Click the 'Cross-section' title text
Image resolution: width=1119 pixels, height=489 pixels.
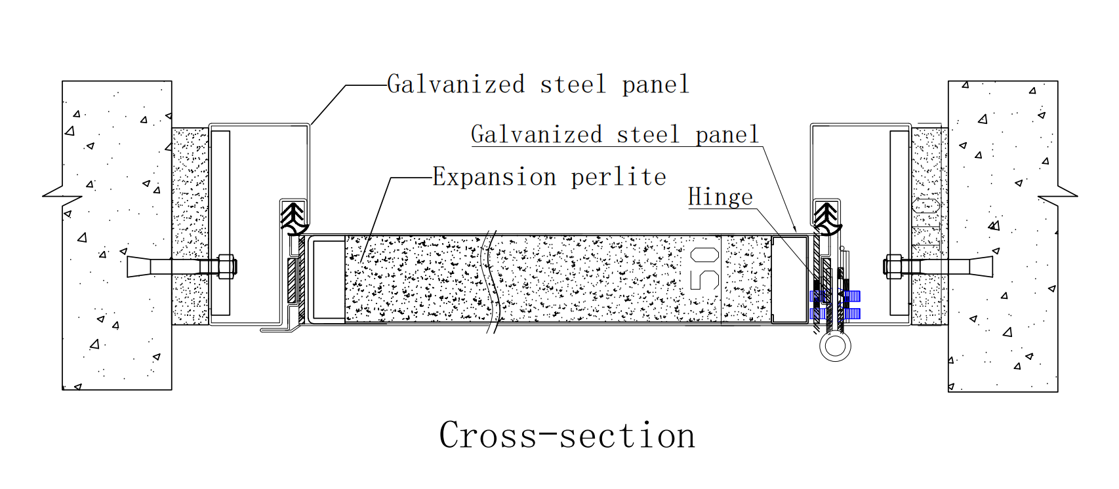coord(567,435)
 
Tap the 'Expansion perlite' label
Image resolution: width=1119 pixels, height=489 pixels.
coord(549,177)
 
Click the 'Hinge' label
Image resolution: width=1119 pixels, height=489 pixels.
coord(720,197)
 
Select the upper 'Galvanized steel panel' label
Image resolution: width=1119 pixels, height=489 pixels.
coord(538,84)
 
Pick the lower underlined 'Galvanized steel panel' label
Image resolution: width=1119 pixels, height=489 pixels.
coord(615,134)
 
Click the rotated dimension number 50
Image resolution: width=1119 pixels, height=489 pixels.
coord(704,269)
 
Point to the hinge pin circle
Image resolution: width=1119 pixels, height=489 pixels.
coord(835,347)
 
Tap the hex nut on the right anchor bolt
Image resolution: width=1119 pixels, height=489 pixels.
coord(893,266)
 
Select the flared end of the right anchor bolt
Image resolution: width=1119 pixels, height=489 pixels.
coord(981,266)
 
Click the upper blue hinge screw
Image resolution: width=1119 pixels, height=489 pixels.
coord(835,296)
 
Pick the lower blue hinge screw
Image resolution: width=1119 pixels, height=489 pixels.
coord(835,313)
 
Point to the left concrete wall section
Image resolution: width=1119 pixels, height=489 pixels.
coord(117,235)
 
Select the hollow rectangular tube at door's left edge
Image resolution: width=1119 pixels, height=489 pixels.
coord(327,279)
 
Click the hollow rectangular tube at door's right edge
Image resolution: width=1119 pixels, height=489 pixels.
coord(789,279)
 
